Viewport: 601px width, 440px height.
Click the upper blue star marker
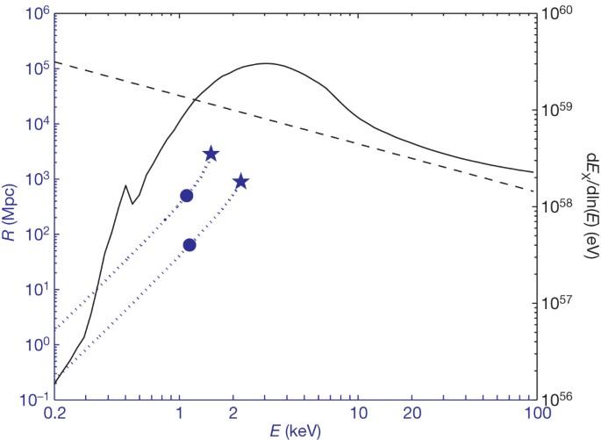pos(211,154)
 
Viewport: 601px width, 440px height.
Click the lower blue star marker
pos(240,182)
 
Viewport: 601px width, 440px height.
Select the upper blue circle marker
pos(186,195)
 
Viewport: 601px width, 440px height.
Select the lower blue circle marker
pos(190,244)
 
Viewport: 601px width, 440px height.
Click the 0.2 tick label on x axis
pos(54,414)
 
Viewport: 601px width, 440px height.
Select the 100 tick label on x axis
pos(534,414)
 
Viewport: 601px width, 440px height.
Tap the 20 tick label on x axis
pos(411,414)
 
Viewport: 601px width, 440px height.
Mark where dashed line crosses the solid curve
pos(195,100)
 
